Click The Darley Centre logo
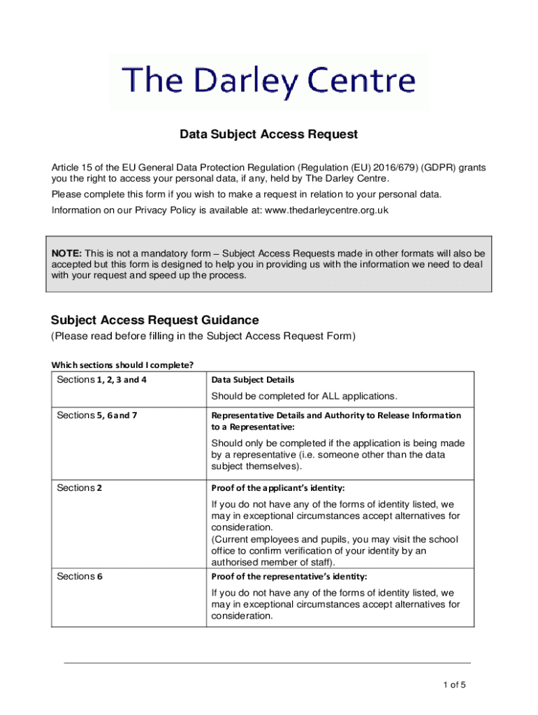[269, 82]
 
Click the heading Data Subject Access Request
[269, 134]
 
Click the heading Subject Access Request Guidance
[155, 320]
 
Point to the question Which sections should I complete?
[122, 364]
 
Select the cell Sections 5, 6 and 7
[98, 415]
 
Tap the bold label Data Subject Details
[253, 380]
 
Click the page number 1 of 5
[454, 685]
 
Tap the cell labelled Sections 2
[80, 488]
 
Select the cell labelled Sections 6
[80, 577]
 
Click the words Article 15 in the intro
[71, 168]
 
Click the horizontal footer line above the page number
[268, 663]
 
